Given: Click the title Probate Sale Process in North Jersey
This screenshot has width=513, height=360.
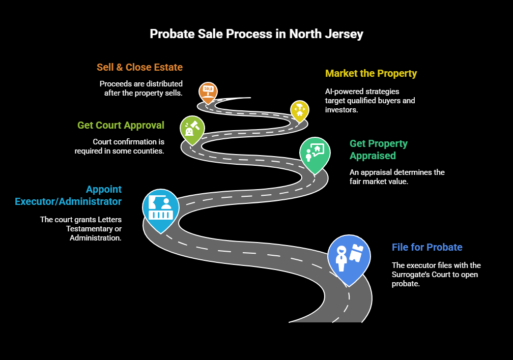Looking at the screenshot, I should coord(256,34).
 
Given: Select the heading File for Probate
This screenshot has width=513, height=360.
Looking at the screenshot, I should coord(427,247).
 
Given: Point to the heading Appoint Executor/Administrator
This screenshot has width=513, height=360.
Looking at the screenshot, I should coord(68,195).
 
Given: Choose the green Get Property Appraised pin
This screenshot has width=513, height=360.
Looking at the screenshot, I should coord(315,153).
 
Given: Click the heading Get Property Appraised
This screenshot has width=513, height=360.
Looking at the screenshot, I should coord(379,149).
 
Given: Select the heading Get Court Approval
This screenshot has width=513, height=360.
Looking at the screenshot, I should coord(121,125).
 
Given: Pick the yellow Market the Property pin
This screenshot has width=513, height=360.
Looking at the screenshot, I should coord(299,110).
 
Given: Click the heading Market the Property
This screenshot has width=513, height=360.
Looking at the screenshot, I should coord(371,73).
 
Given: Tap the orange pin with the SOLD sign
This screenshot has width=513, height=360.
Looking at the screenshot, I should coord(208,92).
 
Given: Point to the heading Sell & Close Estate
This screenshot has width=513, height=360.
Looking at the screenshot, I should coord(139,67).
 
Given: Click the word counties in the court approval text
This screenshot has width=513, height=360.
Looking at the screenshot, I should coord(149,151).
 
